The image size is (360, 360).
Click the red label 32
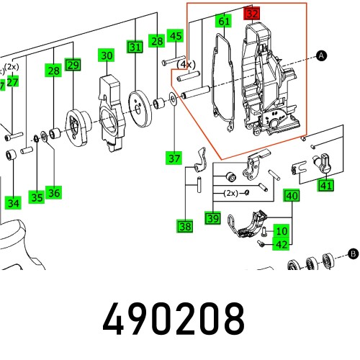pyautogui.click(x=251, y=14)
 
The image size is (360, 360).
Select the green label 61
pyautogui.click(x=224, y=22)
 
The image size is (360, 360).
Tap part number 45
pyautogui.click(x=175, y=35)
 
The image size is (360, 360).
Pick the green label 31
pyautogui.click(x=135, y=48)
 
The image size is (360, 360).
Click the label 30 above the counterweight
pyautogui.click(x=107, y=55)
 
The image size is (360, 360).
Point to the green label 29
pyautogui.click(x=72, y=65)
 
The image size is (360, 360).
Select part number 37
pyautogui.click(x=174, y=158)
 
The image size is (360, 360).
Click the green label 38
pyautogui.click(x=185, y=227)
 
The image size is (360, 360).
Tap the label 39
pyautogui.click(x=212, y=218)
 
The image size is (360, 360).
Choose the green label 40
pyautogui.click(x=291, y=196)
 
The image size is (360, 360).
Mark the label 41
pyautogui.click(x=327, y=186)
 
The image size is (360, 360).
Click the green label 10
pyautogui.click(x=282, y=231)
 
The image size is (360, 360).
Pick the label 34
pyautogui.click(x=13, y=203)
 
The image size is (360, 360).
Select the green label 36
pyautogui.click(x=53, y=192)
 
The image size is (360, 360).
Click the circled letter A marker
pyautogui.click(x=321, y=55)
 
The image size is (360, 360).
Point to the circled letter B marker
pyautogui.click(x=353, y=253)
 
